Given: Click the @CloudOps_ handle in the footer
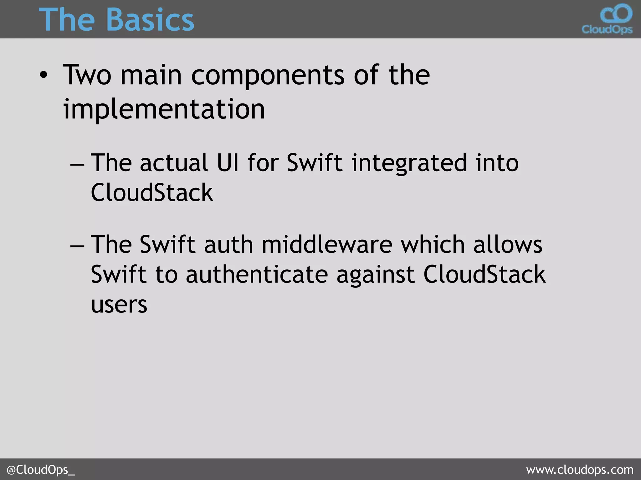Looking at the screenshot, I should (40, 470).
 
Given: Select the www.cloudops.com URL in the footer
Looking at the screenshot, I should (580, 470).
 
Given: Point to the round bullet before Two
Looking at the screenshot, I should (44, 76).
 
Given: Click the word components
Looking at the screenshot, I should (268, 76).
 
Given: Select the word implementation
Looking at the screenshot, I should (164, 109).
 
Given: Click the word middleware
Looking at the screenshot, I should (327, 244).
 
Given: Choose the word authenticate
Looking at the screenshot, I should (257, 274).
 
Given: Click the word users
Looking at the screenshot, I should (119, 305).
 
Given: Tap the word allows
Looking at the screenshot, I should (508, 244).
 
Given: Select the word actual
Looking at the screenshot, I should (174, 163).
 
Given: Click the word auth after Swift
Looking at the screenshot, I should (228, 244).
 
